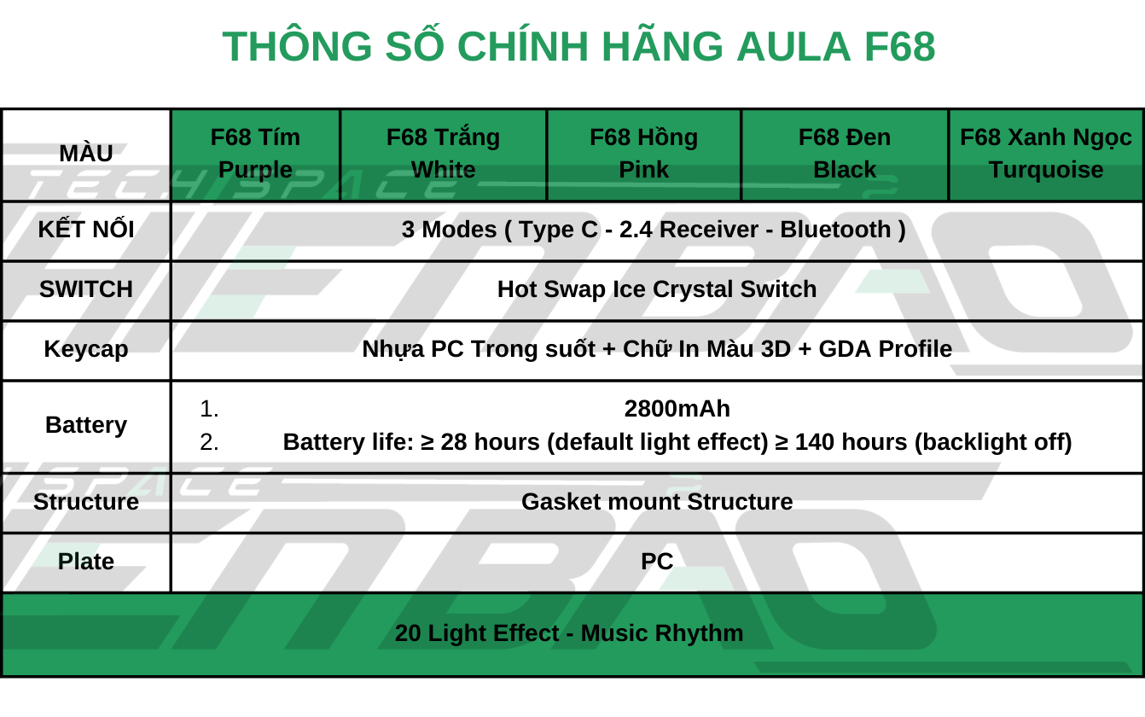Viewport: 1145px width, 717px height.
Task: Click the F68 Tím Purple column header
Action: click(x=255, y=154)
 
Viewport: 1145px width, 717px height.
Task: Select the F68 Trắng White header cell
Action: click(x=443, y=154)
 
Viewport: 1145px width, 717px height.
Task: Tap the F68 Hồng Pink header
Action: click(x=643, y=154)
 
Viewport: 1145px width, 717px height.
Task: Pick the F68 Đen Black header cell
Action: click(x=845, y=154)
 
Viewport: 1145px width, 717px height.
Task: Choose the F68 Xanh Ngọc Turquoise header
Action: click(x=1046, y=154)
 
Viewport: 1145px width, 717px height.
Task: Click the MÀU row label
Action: click(x=86, y=153)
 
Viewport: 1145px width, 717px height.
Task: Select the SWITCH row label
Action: click(x=86, y=289)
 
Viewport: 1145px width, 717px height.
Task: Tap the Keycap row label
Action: click(x=86, y=350)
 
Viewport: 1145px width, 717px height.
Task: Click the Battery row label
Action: click(x=86, y=425)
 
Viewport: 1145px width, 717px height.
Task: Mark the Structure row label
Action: click(x=86, y=502)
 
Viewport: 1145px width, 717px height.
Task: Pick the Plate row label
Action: click(x=86, y=562)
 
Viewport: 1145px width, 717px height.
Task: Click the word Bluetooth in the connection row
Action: click(x=836, y=230)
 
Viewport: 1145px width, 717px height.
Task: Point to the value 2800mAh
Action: click(x=677, y=409)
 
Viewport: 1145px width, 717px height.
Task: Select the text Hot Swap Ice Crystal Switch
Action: click(x=657, y=290)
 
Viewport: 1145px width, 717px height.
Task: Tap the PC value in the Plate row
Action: click(x=657, y=562)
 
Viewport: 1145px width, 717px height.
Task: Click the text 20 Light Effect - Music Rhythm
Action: click(x=569, y=633)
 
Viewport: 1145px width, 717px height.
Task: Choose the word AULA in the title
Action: click(x=793, y=47)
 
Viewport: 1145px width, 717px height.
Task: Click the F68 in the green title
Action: click(x=899, y=47)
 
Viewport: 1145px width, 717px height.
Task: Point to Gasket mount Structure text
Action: click(x=657, y=502)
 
